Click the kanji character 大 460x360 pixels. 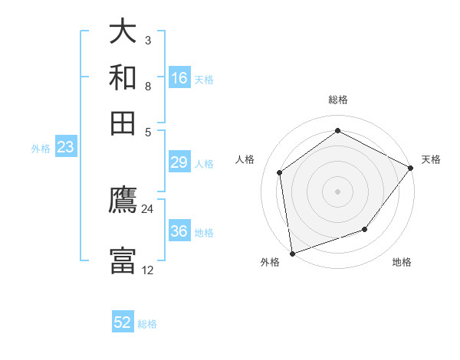(x=123, y=34)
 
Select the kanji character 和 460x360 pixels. (x=123, y=78)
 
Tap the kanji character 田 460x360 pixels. (x=123, y=123)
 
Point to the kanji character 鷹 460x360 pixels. (x=123, y=201)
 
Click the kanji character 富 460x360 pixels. (x=123, y=260)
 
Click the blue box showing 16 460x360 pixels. (x=179, y=78)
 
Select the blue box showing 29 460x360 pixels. (x=179, y=162)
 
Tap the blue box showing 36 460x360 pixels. (x=179, y=231)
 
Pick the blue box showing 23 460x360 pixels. (x=65, y=148)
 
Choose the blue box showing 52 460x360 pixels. (x=123, y=322)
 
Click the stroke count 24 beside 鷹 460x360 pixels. (x=147, y=208)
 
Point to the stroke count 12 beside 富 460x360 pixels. (x=147, y=270)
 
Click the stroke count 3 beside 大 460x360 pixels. (x=147, y=41)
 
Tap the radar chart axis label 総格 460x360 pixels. (x=337, y=100)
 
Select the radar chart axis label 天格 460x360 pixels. (x=431, y=159)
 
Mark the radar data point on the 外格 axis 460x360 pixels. (x=292, y=253)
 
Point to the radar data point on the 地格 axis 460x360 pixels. (x=365, y=229)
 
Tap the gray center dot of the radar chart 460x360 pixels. (x=337, y=191)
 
